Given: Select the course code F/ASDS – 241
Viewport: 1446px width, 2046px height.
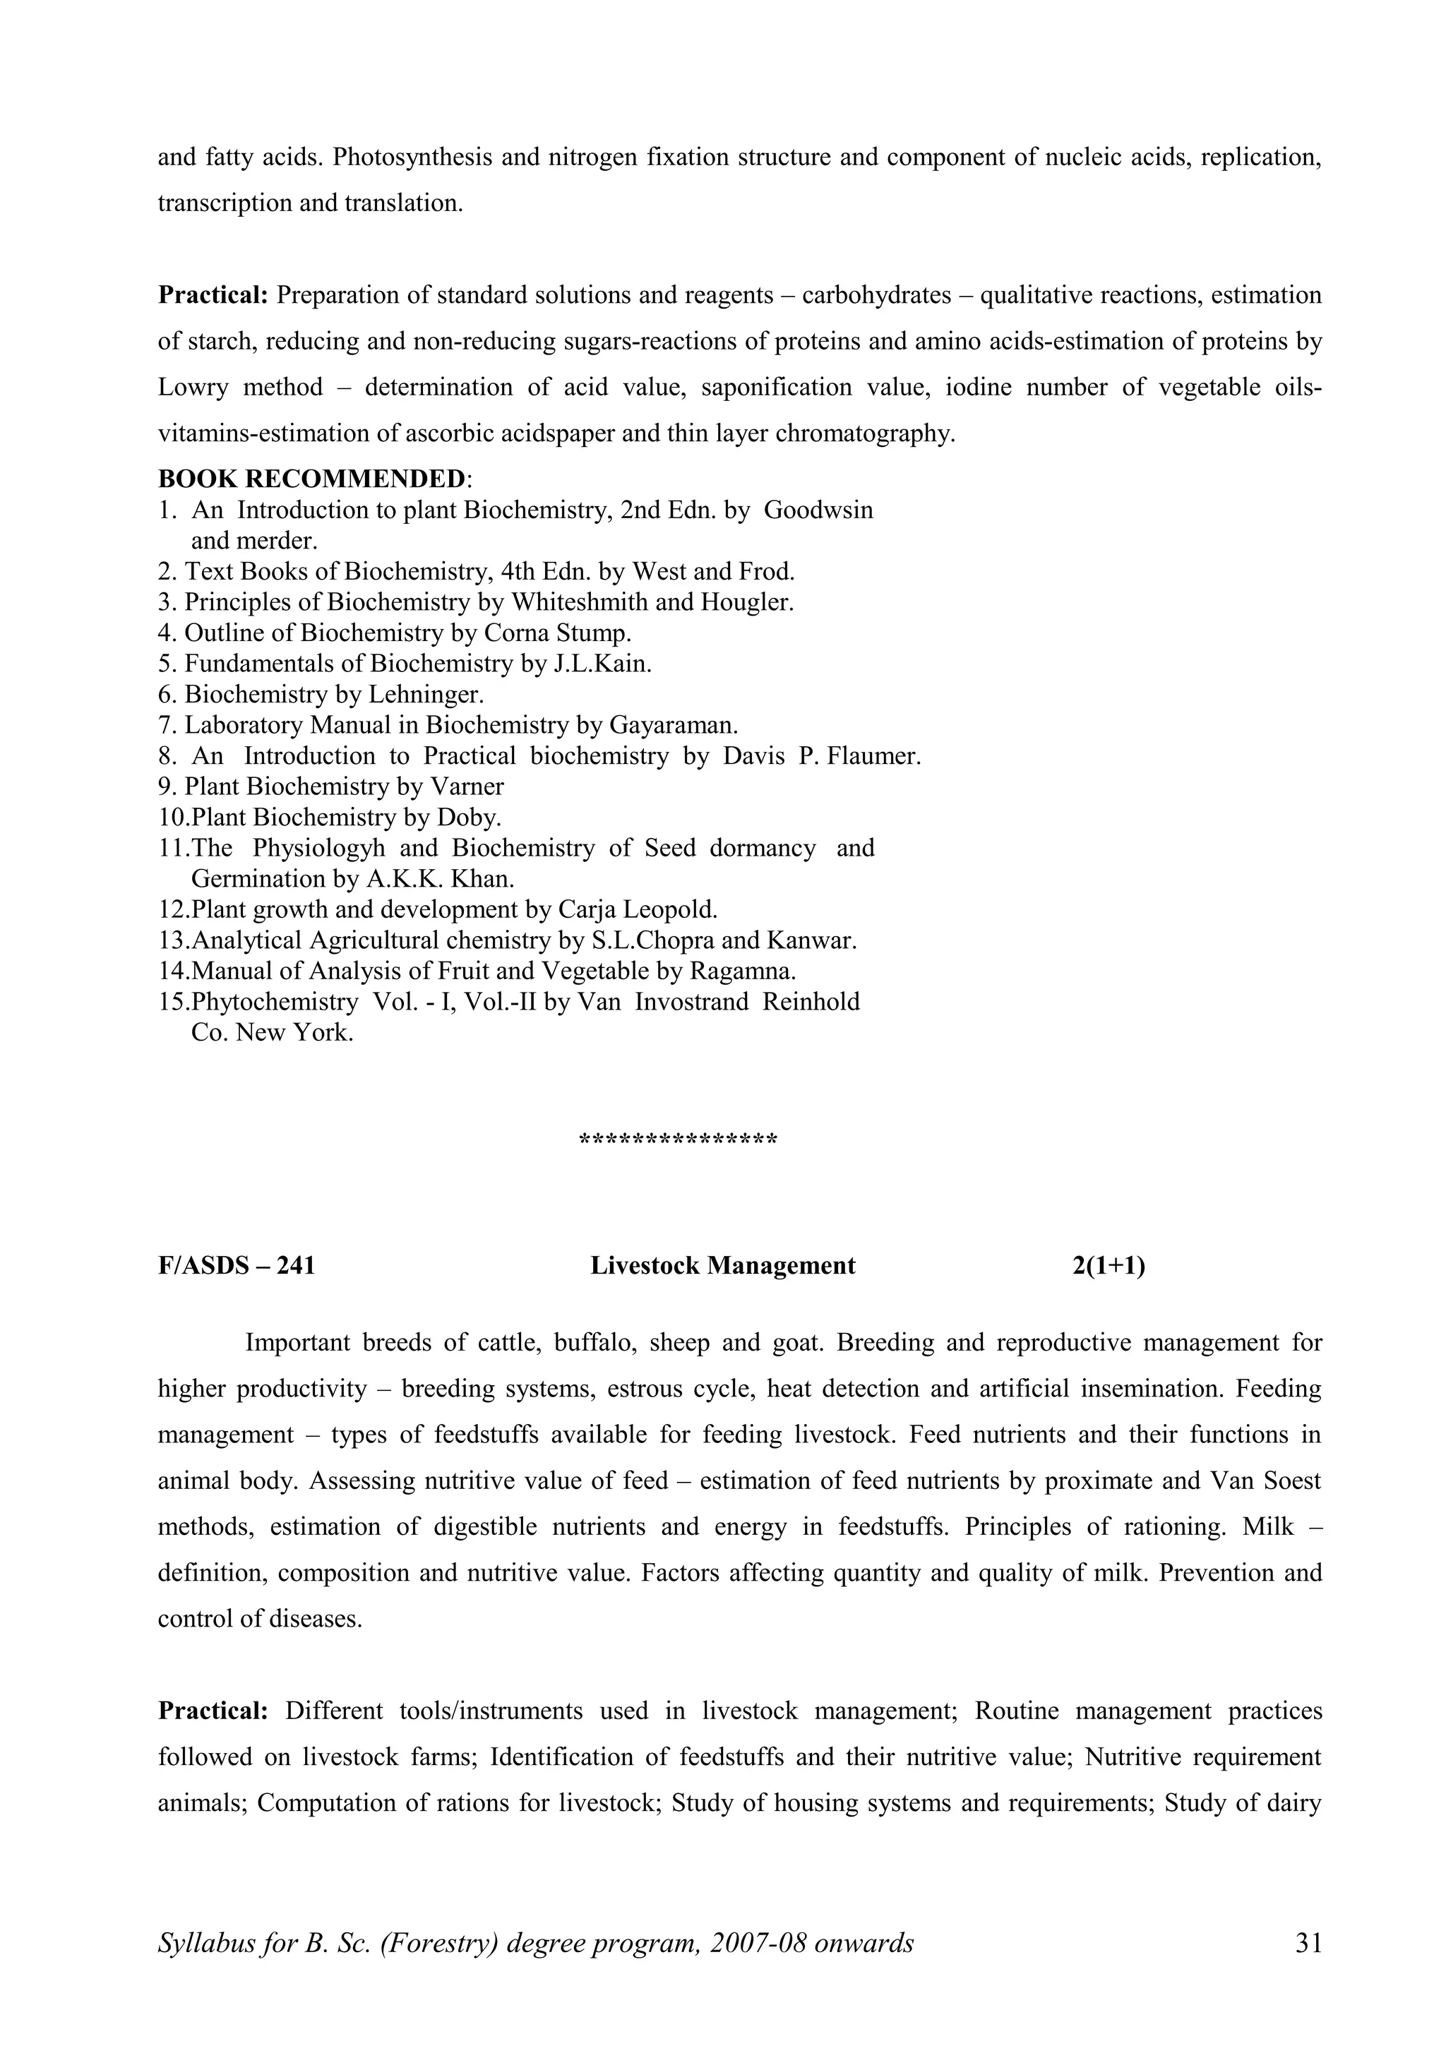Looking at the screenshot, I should coord(236,1267).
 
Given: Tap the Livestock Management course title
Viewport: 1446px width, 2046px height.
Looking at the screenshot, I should coord(722,1267).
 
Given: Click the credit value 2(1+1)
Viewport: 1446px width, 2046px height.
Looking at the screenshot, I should coord(1109,1267).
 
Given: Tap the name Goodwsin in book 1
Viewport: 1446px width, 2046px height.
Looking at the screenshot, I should coord(818,510).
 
